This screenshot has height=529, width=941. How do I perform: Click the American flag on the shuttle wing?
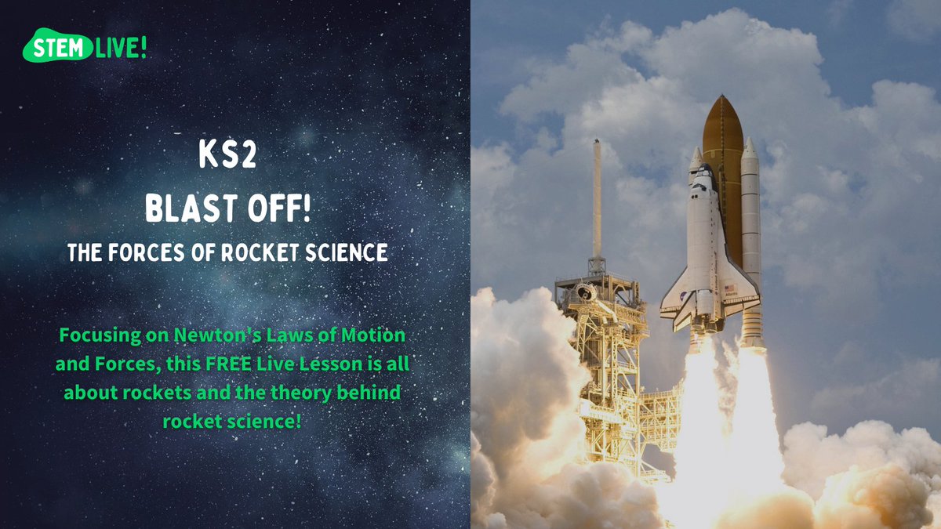coord(731,288)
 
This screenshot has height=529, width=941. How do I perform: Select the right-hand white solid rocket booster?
coord(750,235)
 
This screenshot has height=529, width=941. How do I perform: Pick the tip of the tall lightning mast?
coord(597,144)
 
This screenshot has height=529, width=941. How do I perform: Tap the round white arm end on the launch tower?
coord(583,292)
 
